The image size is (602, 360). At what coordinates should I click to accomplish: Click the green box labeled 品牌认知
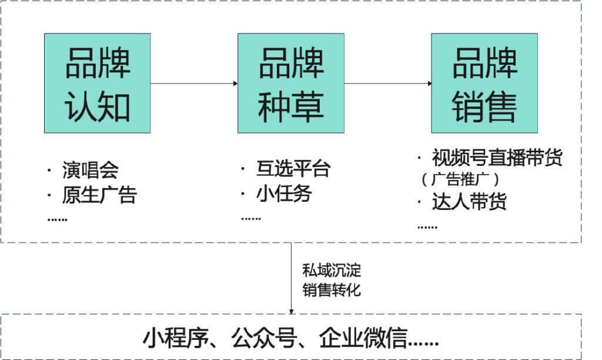pos(97,83)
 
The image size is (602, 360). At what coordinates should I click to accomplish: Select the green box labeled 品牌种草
pos(290,83)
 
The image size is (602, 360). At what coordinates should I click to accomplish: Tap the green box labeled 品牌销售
pos(484,83)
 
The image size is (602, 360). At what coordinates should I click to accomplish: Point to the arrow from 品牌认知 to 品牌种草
pos(194,83)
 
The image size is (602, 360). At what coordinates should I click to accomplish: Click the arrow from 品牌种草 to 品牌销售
pos(387,83)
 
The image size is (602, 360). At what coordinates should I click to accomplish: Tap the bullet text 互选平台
pos(293,169)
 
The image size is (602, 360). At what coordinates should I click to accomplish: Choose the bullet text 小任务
pos(284,194)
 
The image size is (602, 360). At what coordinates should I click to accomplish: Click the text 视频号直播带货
pos(497,158)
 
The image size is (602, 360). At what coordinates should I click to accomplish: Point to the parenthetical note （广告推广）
pos(460,179)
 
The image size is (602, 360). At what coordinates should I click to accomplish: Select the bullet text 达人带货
pos(469,202)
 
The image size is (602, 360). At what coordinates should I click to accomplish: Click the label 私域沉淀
pos(332,271)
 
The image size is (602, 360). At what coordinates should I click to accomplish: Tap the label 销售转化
pos(332,289)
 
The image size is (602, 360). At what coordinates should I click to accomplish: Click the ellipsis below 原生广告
pos(57,219)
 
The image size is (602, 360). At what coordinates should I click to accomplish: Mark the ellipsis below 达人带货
pos(427,226)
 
